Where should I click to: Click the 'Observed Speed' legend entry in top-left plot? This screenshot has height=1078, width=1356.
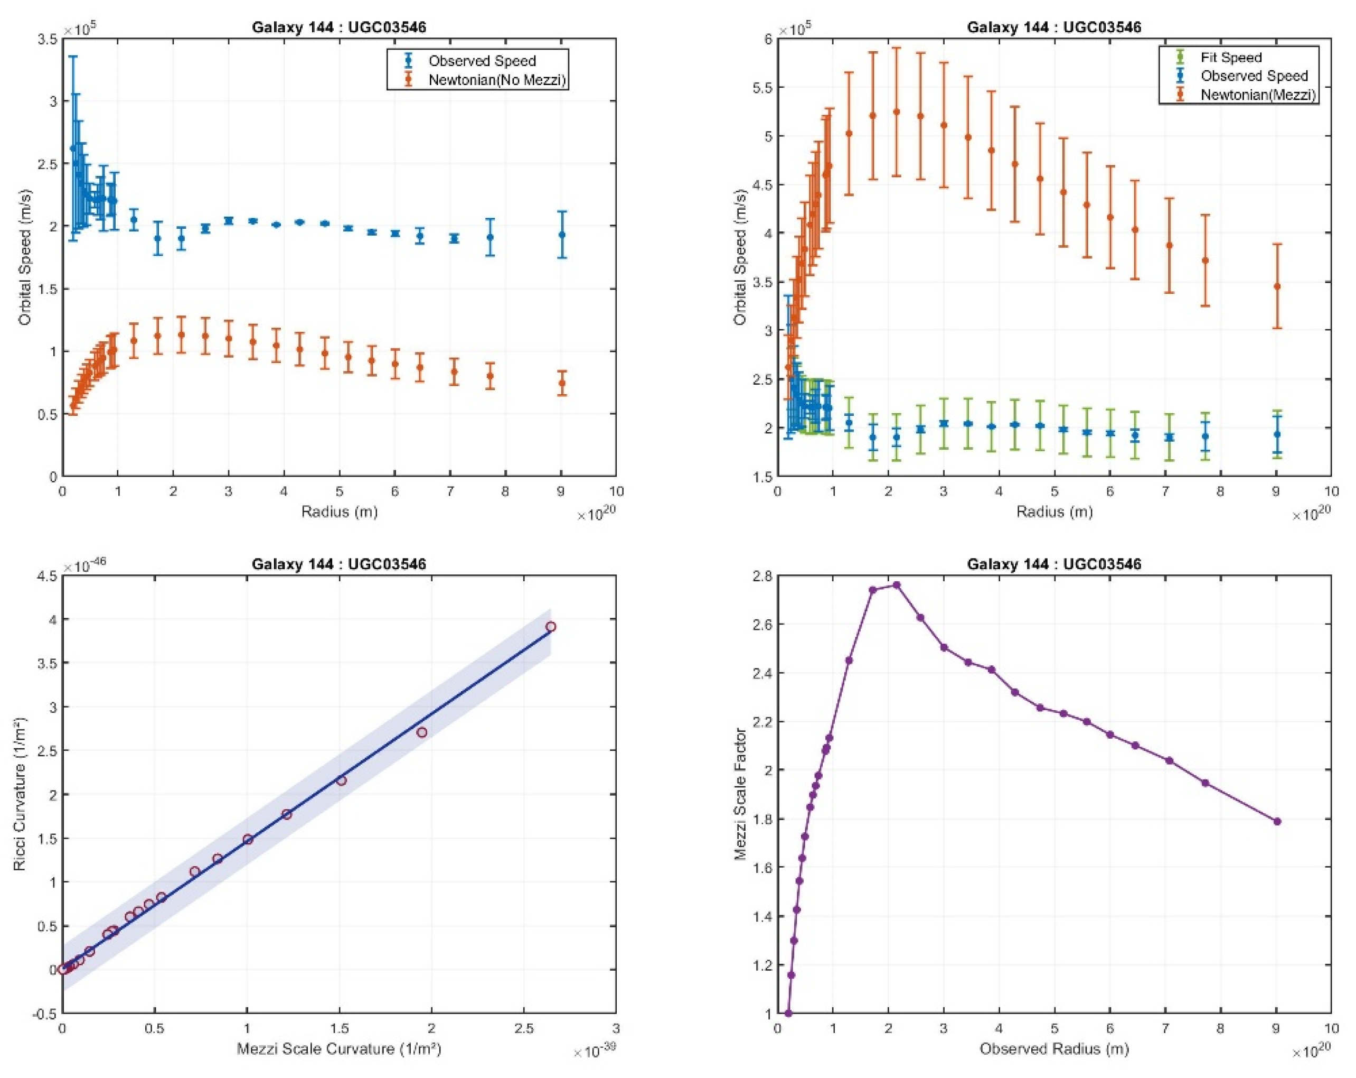[482, 61]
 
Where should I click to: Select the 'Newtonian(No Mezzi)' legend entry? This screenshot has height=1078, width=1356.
[496, 80]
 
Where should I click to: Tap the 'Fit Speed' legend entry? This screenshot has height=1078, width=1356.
[1231, 57]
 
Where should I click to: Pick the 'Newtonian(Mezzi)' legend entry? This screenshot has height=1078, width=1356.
[1257, 95]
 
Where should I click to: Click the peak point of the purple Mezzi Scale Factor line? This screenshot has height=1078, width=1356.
[896, 584]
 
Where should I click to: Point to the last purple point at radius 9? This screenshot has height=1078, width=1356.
[1277, 821]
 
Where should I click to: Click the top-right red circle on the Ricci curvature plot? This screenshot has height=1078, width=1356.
[550, 627]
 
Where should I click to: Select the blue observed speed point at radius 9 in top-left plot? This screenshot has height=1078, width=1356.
[562, 235]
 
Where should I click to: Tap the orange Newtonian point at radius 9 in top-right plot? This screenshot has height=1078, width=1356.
[1277, 286]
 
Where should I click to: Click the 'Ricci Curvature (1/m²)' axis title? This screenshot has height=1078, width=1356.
[20, 794]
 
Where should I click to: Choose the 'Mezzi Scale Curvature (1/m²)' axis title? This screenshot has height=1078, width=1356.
[338, 1049]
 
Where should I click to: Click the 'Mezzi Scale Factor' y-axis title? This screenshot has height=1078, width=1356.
[740, 794]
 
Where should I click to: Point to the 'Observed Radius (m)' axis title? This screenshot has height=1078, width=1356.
[1054, 1049]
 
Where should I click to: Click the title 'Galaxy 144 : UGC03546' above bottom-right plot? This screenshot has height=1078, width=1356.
[1053, 564]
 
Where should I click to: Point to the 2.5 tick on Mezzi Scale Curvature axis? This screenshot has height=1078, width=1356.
[523, 1028]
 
